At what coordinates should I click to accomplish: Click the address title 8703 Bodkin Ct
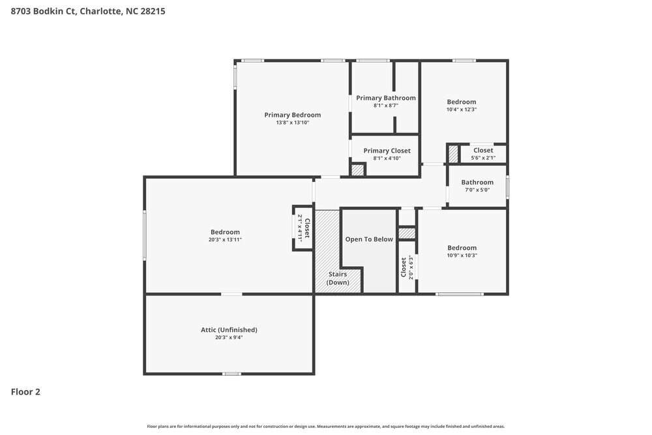point(88,11)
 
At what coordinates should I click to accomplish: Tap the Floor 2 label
point(25,392)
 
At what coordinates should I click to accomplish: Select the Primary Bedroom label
point(292,115)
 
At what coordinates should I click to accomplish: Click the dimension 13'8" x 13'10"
point(292,123)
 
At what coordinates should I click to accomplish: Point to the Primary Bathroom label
point(385,98)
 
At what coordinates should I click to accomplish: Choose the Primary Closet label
point(387,151)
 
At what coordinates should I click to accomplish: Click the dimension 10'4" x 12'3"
point(461,110)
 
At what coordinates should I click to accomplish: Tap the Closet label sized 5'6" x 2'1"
point(483,151)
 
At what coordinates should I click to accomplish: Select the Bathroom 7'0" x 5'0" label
point(477,183)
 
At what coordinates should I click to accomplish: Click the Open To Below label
point(369,239)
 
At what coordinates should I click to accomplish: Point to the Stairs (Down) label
point(337,278)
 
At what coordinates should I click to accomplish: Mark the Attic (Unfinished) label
point(229,330)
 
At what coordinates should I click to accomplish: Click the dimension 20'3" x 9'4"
point(229,338)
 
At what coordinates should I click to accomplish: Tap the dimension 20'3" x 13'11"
point(225,240)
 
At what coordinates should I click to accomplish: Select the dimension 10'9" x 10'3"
point(462,256)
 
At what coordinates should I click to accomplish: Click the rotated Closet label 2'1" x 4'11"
point(304,228)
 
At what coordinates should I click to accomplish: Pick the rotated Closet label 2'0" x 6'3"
point(407,267)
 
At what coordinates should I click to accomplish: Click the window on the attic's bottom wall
point(231,374)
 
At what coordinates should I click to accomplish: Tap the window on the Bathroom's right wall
point(507,187)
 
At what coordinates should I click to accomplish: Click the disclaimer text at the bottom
point(326,427)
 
